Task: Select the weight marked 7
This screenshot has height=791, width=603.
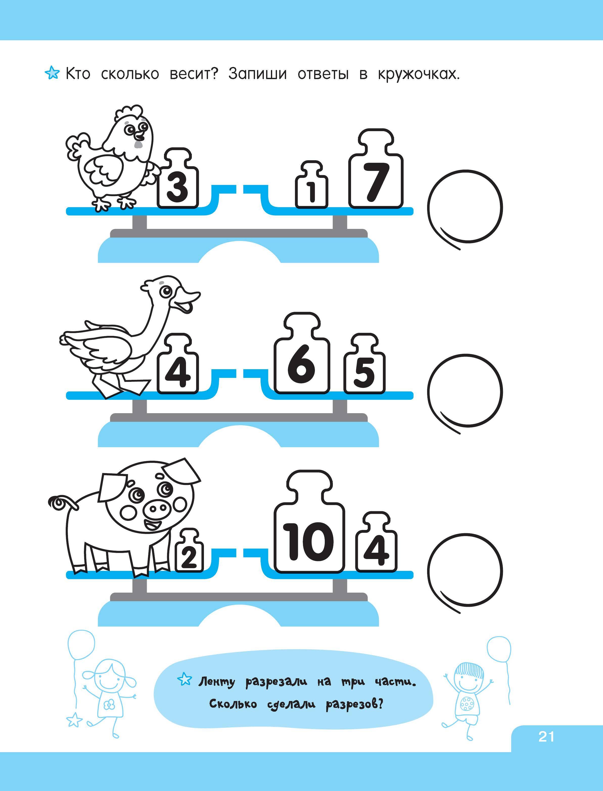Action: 376,168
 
